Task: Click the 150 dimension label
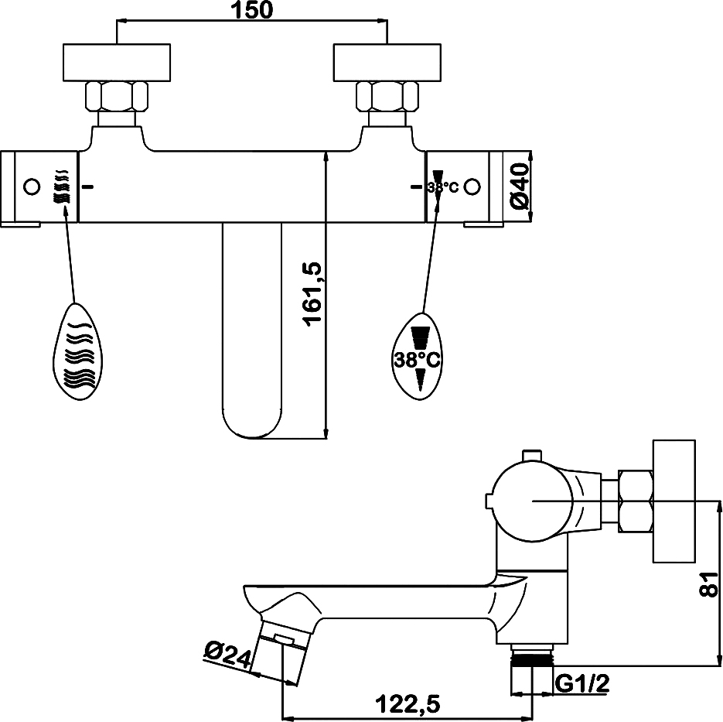click(x=251, y=10)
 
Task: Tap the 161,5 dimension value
click(x=313, y=294)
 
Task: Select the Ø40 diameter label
click(x=520, y=186)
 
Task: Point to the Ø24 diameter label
click(x=227, y=654)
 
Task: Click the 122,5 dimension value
click(x=408, y=704)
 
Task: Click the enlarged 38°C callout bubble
click(x=418, y=354)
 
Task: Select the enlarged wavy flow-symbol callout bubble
click(x=78, y=352)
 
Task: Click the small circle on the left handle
click(x=32, y=186)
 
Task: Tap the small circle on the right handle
click(x=472, y=186)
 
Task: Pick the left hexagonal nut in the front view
click(x=117, y=97)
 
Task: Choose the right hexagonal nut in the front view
click(x=387, y=97)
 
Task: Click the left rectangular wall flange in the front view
click(x=117, y=63)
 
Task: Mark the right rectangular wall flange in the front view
click(x=387, y=63)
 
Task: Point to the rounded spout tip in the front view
click(x=252, y=422)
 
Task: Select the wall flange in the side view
click(x=674, y=501)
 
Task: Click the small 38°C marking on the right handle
click(x=442, y=187)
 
